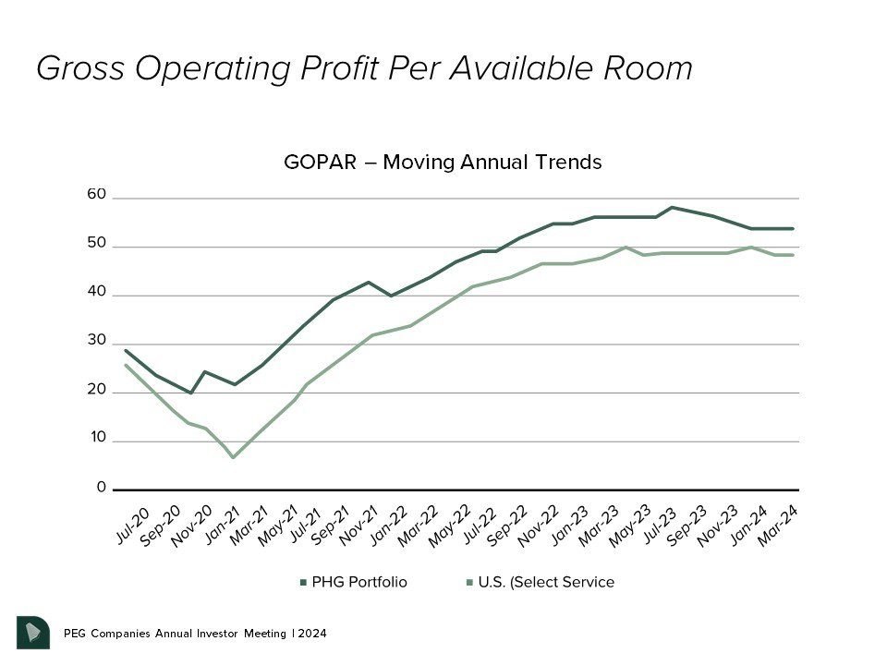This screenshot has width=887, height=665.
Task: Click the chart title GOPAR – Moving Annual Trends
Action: pyautogui.click(x=443, y=163)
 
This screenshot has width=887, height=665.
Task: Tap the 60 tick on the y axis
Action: pyautogui.click(x=97, y=196)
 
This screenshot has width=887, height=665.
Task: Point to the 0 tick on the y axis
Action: pyautogui.click(x=101, y=488)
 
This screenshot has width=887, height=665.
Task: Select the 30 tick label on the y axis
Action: pyautogui.click(x=97, y=341)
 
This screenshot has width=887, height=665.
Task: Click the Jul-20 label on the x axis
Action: pyautogui.click(x=132, y=525)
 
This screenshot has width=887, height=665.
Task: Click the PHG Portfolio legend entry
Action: pyautogui.click(x=358, y=582)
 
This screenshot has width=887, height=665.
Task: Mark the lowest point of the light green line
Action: pyautogui.click(x=233, y=457)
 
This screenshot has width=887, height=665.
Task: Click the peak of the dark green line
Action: pyautogui.click(x=673, y=207)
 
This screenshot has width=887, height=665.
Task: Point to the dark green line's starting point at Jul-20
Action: pyautogui.click(x=126, y=351)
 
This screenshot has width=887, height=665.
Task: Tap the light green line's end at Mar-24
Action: pyautogui.click(x=793, y=255)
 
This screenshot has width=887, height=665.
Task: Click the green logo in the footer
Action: pyautogui.click(x=33, y=632)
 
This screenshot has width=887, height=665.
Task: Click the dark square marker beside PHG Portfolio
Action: pyautogui.click(x=303, y=583)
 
